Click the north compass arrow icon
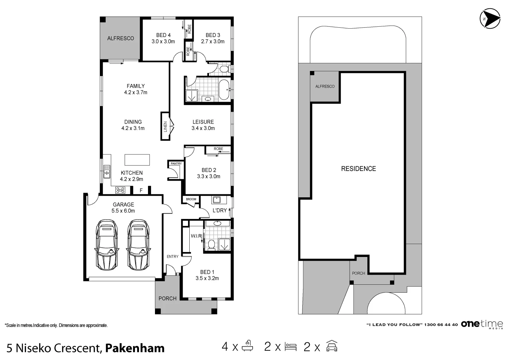click(490, 18)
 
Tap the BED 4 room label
click(163, 35)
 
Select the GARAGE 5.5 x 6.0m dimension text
click(123, 211)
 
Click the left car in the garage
click(107, 245)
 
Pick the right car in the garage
click(138, 245)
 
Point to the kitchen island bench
click(137, 160)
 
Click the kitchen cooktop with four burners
click(120, 190)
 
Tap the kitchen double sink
click(107, 172)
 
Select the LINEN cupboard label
click(165, 127)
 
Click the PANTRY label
click(176, 164)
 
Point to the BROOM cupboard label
click(191, 199)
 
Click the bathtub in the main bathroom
click(224, 90)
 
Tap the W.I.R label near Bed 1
click(196, 236)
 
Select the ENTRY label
click(172, 257)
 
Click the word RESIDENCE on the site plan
click(359, 169)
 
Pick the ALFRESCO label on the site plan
click(325, 86)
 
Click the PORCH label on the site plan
click(358, 273)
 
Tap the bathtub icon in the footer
click(247, 346)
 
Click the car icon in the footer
click(332, 346)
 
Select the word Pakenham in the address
click(135, 348)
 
